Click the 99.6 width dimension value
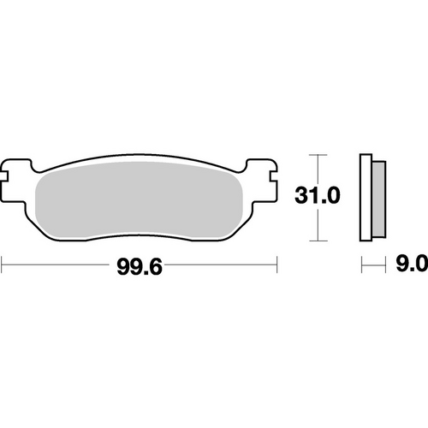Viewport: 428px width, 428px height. (140, 267)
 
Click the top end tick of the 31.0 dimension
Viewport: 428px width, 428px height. (318, 155)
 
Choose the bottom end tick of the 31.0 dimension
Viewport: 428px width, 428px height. (318, 239)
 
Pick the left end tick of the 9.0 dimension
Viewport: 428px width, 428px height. (362, 266)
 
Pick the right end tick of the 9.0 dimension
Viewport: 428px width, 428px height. (381, 266)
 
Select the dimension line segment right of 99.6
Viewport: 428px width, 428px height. (223, 266)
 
